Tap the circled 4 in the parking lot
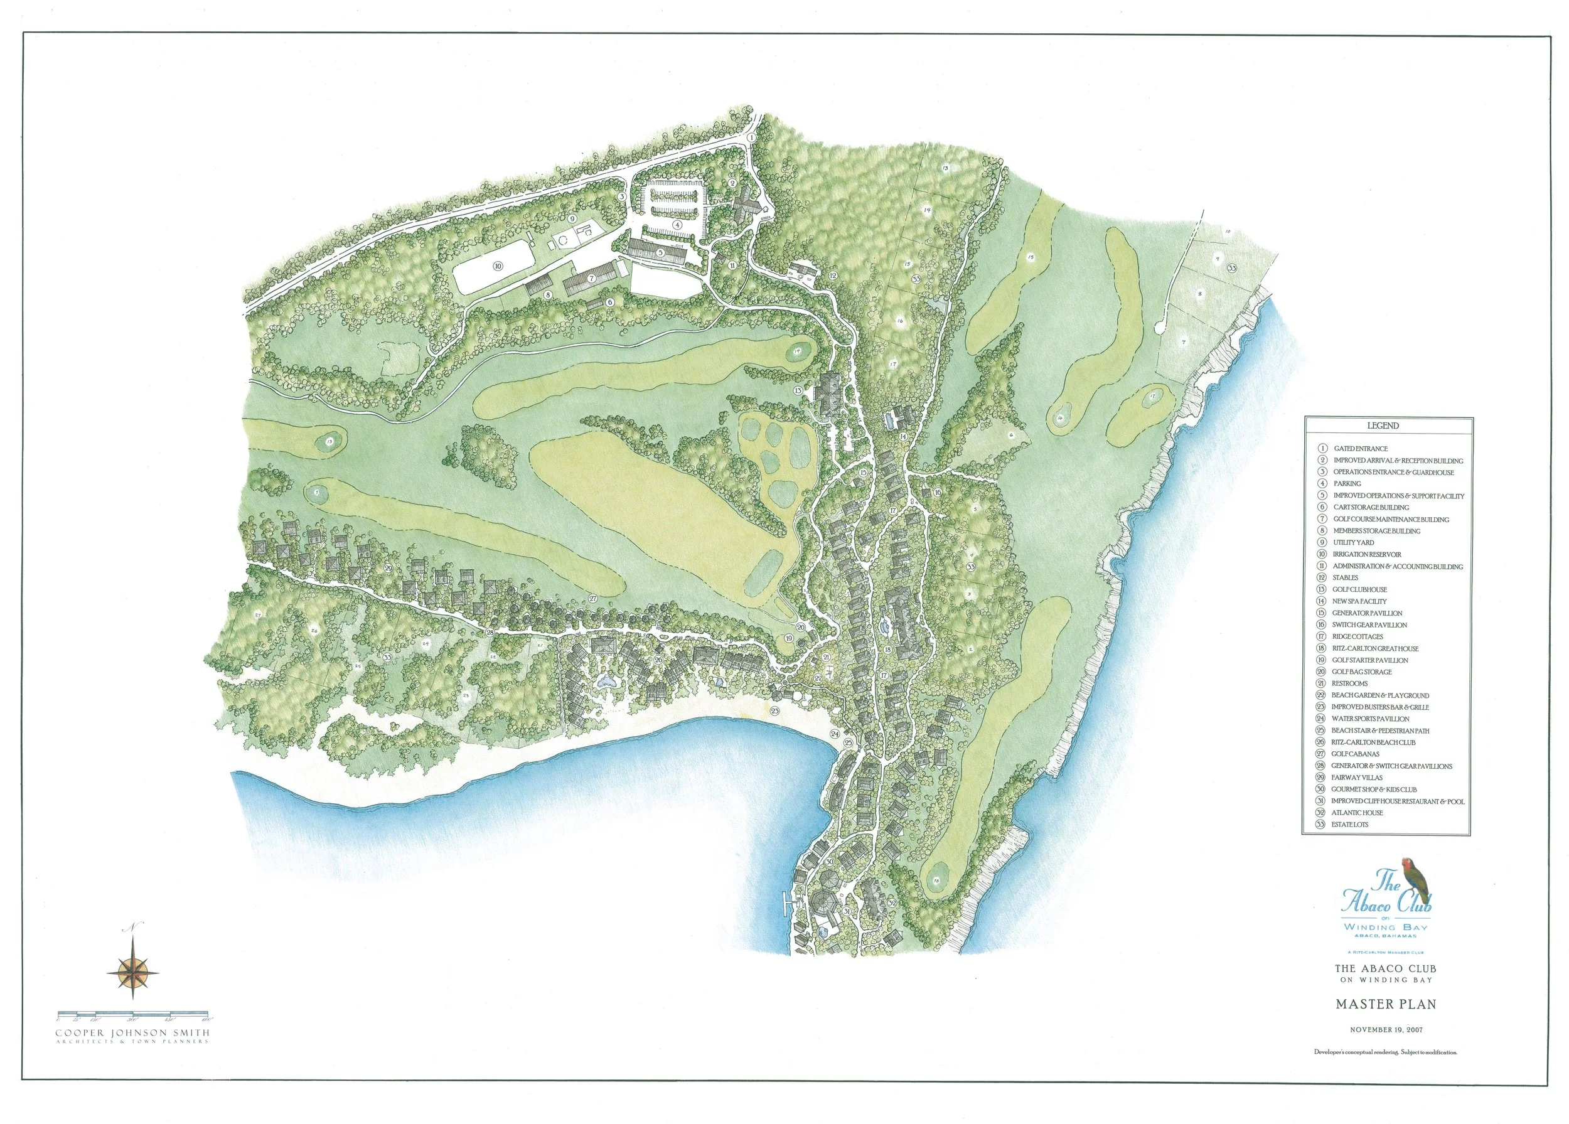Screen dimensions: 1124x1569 678,224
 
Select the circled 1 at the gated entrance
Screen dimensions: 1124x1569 751,137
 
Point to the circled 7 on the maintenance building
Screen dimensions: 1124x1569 591,278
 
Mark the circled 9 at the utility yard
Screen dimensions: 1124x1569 572,218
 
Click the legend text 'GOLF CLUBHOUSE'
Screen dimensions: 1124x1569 1359,589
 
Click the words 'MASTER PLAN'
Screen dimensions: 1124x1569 1380,1023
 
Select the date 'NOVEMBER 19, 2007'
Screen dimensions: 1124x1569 1380,1049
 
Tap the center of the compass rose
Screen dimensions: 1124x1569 133,970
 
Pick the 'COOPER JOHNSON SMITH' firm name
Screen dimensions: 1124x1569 132,1033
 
